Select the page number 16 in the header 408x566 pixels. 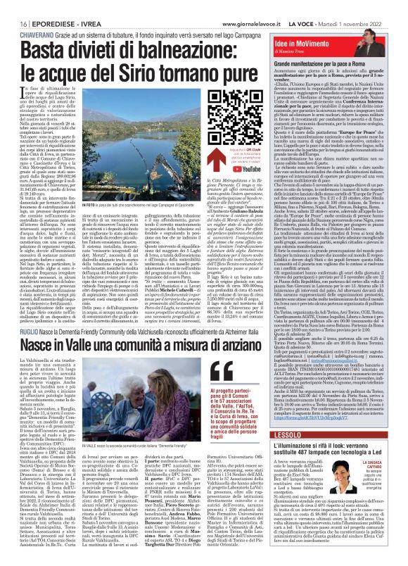click(15, 5)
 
